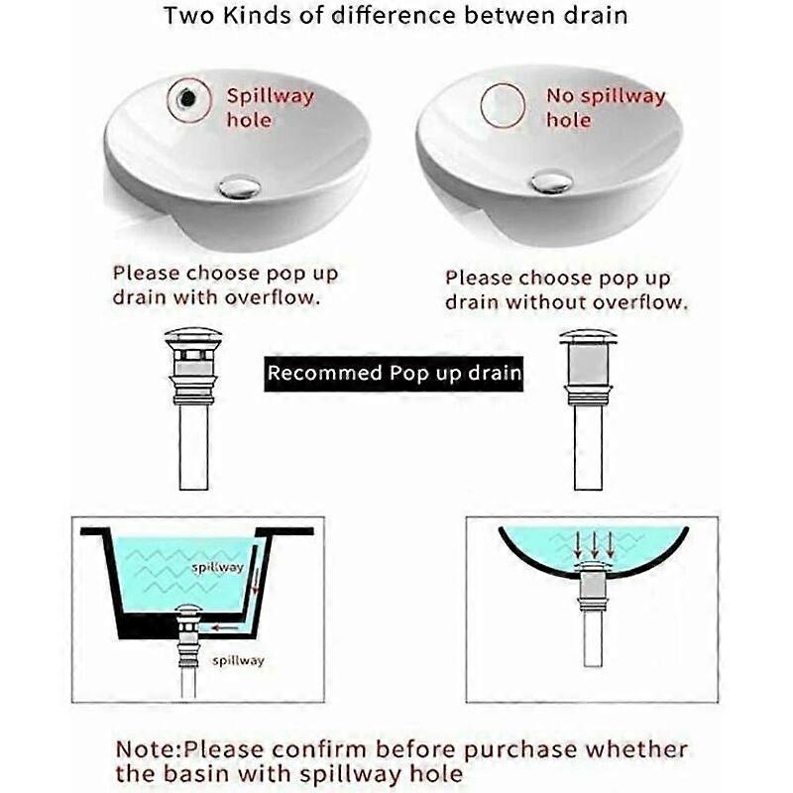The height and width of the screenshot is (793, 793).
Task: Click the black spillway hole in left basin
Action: (186, 98)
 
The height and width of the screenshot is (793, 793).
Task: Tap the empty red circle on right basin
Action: (502, 104)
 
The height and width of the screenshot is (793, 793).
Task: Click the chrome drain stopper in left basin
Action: (239, 187)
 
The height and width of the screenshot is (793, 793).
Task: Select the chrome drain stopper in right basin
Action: (551, 181)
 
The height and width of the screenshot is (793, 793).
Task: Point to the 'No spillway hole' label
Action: (605, 108)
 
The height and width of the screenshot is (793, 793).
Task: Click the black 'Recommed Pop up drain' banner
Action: (394, 374)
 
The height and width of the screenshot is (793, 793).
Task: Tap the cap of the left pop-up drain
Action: (193, 338)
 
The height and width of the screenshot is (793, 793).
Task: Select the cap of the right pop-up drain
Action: (588, 338)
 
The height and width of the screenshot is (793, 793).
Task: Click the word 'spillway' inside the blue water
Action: (217, 568)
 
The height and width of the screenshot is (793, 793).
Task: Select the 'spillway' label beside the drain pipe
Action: (238, 660)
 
